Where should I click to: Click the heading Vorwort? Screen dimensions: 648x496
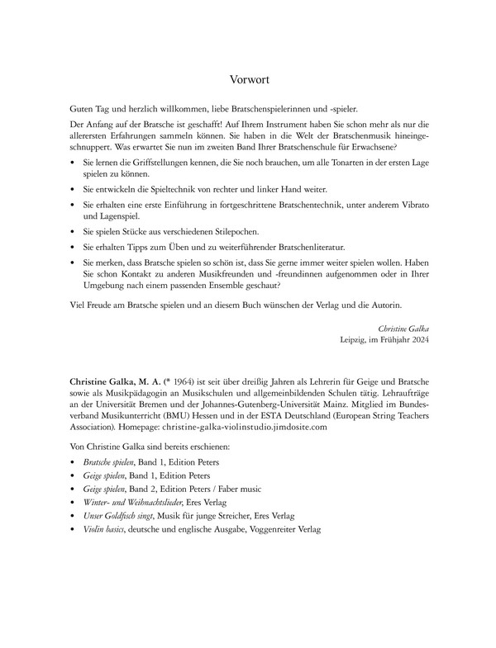tap(248, 80)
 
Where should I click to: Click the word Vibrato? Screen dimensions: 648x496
tap(407, 203)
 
